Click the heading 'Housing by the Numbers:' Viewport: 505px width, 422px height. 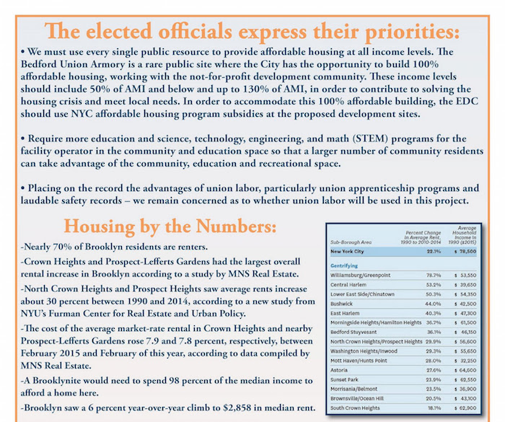tap(159, 225)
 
